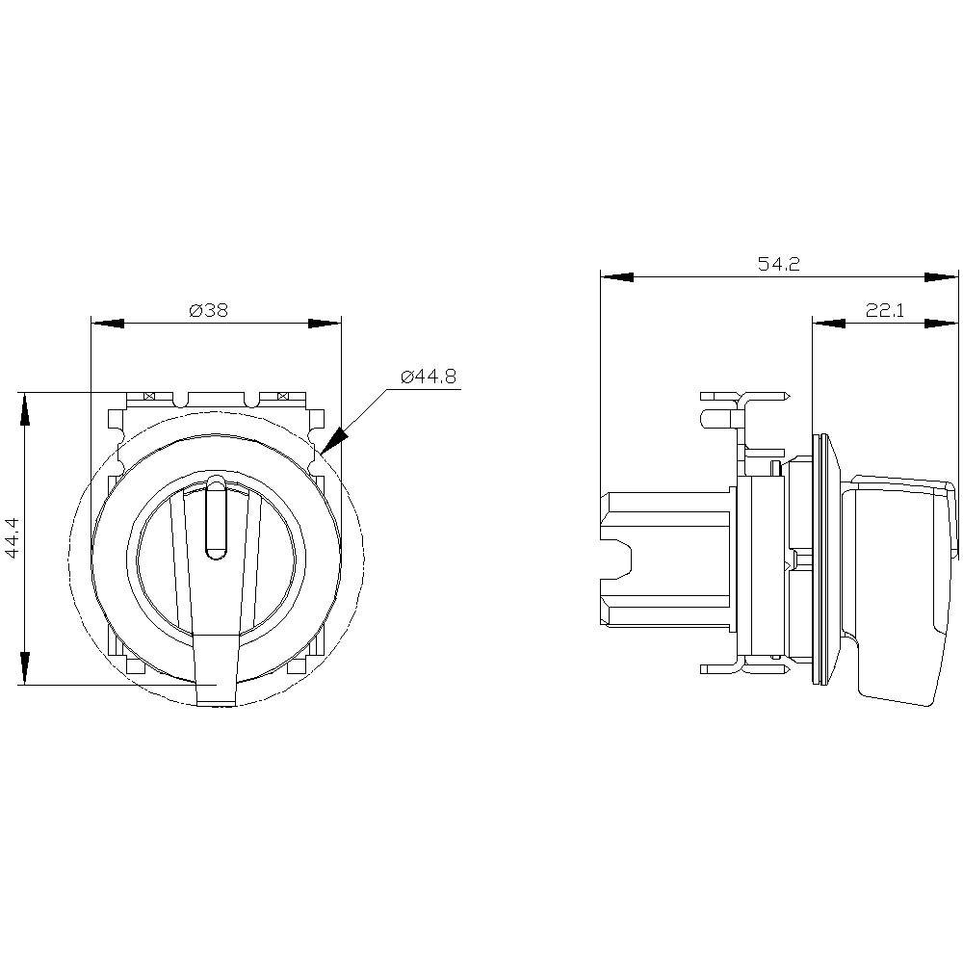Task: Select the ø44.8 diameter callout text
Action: pyautogui.click(x=428, y=377)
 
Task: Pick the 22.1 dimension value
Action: pyautogui.click(x=885, y=310)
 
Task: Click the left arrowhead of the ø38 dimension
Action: pyautogui.click(x=107, y=323)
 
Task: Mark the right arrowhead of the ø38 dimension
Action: pyautogui.click(x=325, y=323)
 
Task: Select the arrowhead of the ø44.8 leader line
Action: pyautogui.click(x=332, y=441)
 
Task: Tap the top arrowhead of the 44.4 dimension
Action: pyautogui.click(x=23, y=407)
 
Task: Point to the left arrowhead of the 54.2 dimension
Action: pyautogui.click(x=617, y=277)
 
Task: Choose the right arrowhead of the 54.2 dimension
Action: pyautogui.click(x=942, y=277)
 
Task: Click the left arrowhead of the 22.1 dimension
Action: pyautogui.click(x=829, y=323)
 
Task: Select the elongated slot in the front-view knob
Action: pyautogui.click(x=217, y=519)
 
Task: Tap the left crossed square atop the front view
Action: pyautogui.click(x=149, y=396)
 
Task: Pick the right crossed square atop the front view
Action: pyautogui.click(x=283, y=396)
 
